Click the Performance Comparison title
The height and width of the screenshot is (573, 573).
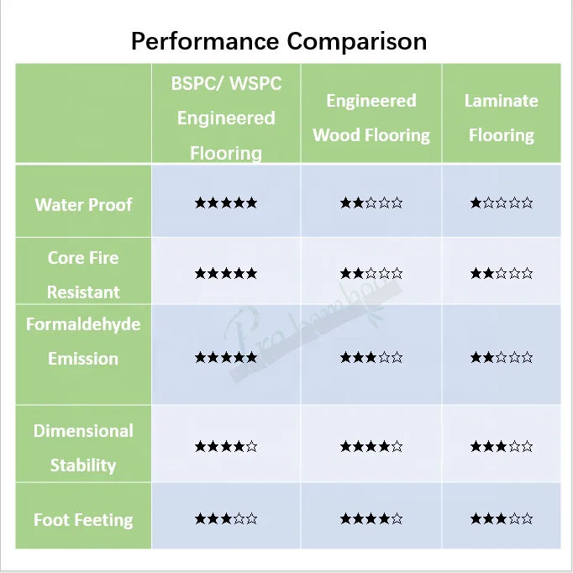coord(278,40)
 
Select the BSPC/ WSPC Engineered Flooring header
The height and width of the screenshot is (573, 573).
coord(226,118)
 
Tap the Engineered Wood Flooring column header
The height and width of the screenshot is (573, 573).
coord(371,118)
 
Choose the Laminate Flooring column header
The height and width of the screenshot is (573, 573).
coord(502,118)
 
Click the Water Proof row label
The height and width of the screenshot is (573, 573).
coord(83,204)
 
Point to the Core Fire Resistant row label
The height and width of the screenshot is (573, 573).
coord(83,275)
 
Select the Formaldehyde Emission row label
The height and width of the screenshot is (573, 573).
coord(83,341)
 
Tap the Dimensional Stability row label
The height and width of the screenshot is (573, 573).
coord(83,448)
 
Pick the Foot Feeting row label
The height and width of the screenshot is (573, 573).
coord(83,520)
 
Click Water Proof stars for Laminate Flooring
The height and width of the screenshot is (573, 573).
coord(502,202)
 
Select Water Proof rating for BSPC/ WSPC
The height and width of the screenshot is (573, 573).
coord(225,202)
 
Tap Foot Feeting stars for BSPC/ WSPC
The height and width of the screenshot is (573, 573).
coord(225,519)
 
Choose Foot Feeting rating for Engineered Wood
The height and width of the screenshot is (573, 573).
coord(371,519)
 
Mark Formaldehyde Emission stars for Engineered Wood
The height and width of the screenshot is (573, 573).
coord(371,357)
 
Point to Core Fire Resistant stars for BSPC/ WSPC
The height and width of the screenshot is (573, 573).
coord(225,273)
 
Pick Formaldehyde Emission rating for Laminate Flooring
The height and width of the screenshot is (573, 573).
coord(502,357)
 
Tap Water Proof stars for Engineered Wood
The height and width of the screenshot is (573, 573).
coord(371,202)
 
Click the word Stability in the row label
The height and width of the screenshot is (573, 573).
coord(83,465)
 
